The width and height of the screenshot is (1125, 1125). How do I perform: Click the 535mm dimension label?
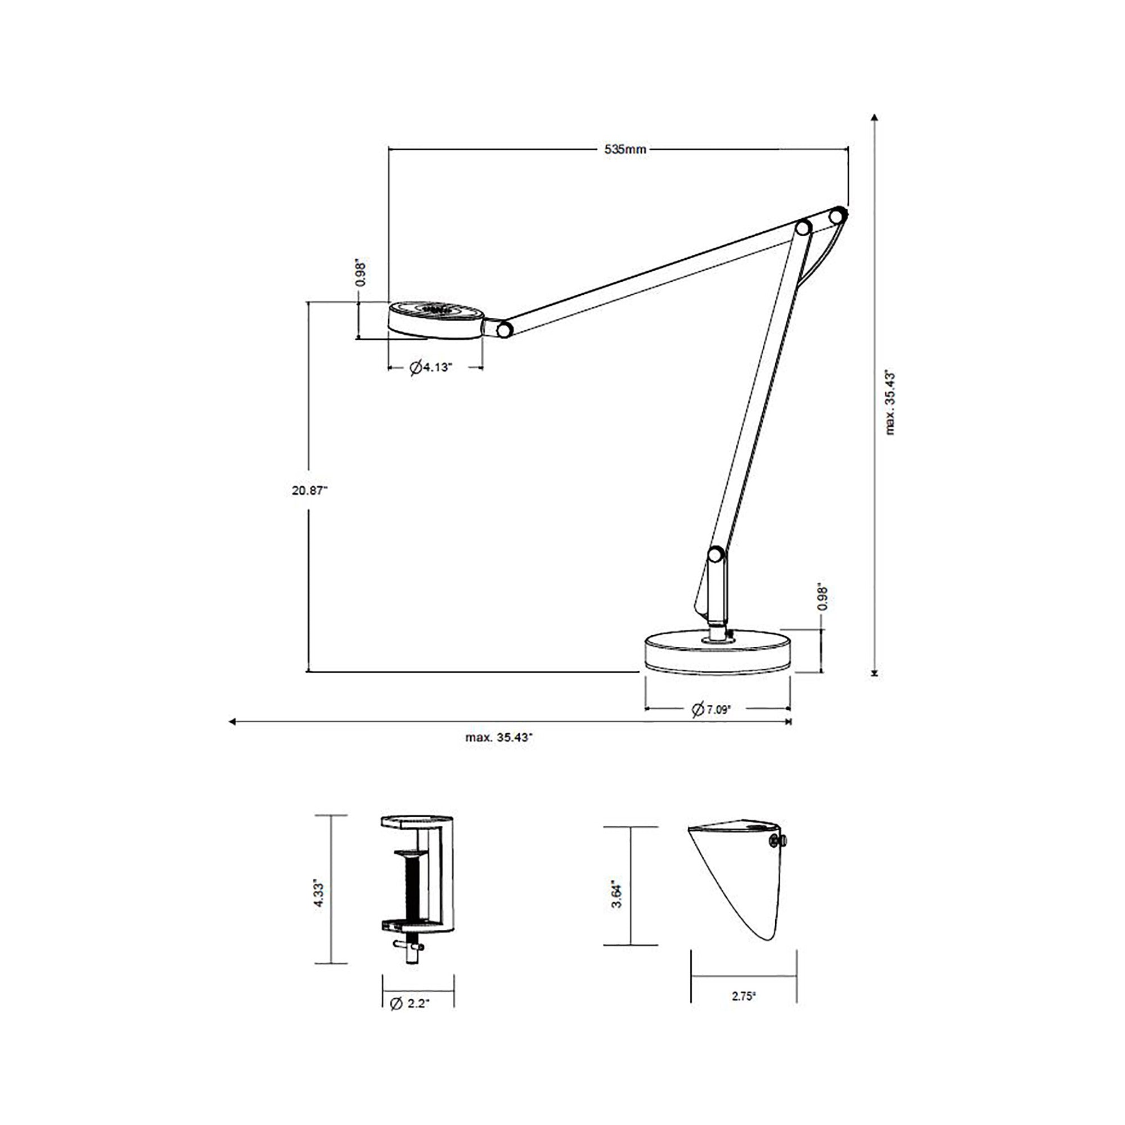[625, 149]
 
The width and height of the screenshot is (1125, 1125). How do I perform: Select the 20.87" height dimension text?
[310, 490]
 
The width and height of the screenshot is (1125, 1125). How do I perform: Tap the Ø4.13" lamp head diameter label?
[431, 367]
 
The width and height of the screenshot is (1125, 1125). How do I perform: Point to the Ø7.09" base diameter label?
[711, 709]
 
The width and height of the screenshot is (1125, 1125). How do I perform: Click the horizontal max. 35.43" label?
[499, 737]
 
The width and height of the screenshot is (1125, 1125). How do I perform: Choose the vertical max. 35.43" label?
[890, 401]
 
